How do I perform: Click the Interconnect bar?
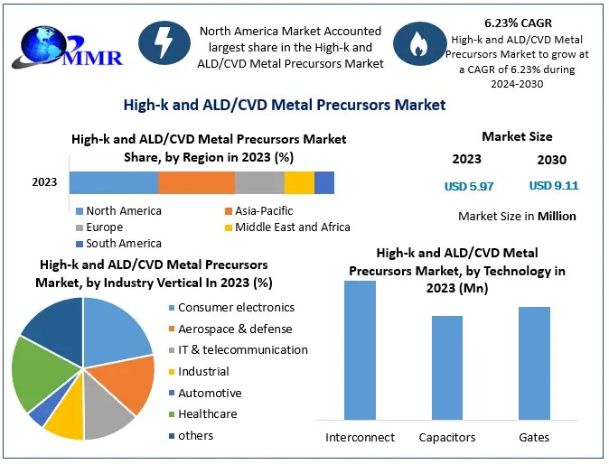coord(360,350)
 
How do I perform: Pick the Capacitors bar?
coord(447,367)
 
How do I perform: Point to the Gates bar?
coord(534,363)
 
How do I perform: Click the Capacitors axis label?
coord(447,438)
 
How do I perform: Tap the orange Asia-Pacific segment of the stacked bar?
coord(196,182)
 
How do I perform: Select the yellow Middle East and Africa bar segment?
coord(299,182)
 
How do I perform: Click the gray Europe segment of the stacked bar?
coord(259,182)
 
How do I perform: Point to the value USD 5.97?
coord(469,186)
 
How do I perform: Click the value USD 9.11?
coord(554,186)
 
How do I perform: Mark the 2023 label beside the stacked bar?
coord(44,182)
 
